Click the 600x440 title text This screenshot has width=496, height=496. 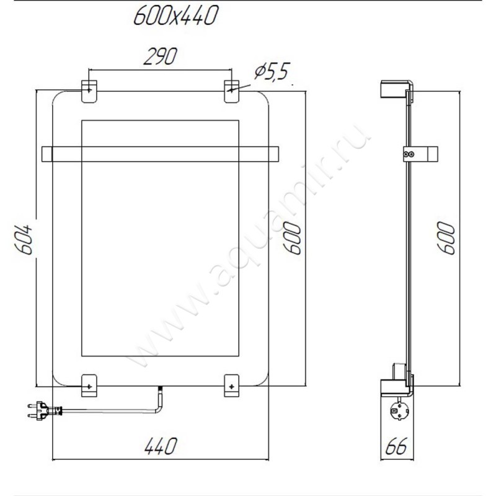click(176, 15)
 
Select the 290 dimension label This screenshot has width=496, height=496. click(160, 56)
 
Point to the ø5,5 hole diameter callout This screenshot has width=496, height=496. click(272, 72)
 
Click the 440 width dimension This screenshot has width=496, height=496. click(161, 446)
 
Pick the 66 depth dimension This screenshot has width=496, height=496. click(396, 446)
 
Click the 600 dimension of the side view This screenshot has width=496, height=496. click(446, 238)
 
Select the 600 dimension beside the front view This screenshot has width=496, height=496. click(291, 238)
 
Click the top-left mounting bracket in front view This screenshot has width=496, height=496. click(89, 91)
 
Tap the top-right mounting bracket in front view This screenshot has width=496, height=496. click(231, 91)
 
